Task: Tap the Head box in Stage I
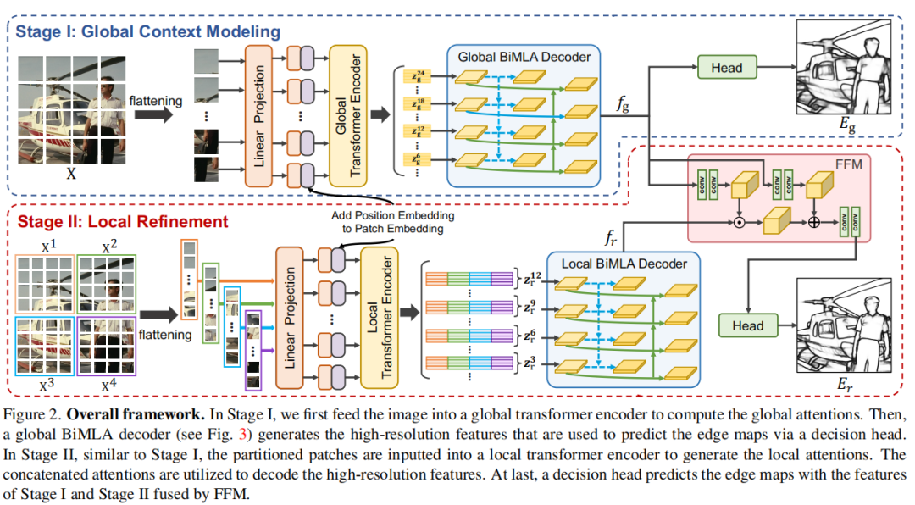pos(726,68)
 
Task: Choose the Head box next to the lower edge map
pos(747,325)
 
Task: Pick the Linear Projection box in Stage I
pos(260,116)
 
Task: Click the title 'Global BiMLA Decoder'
pos(524,57)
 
